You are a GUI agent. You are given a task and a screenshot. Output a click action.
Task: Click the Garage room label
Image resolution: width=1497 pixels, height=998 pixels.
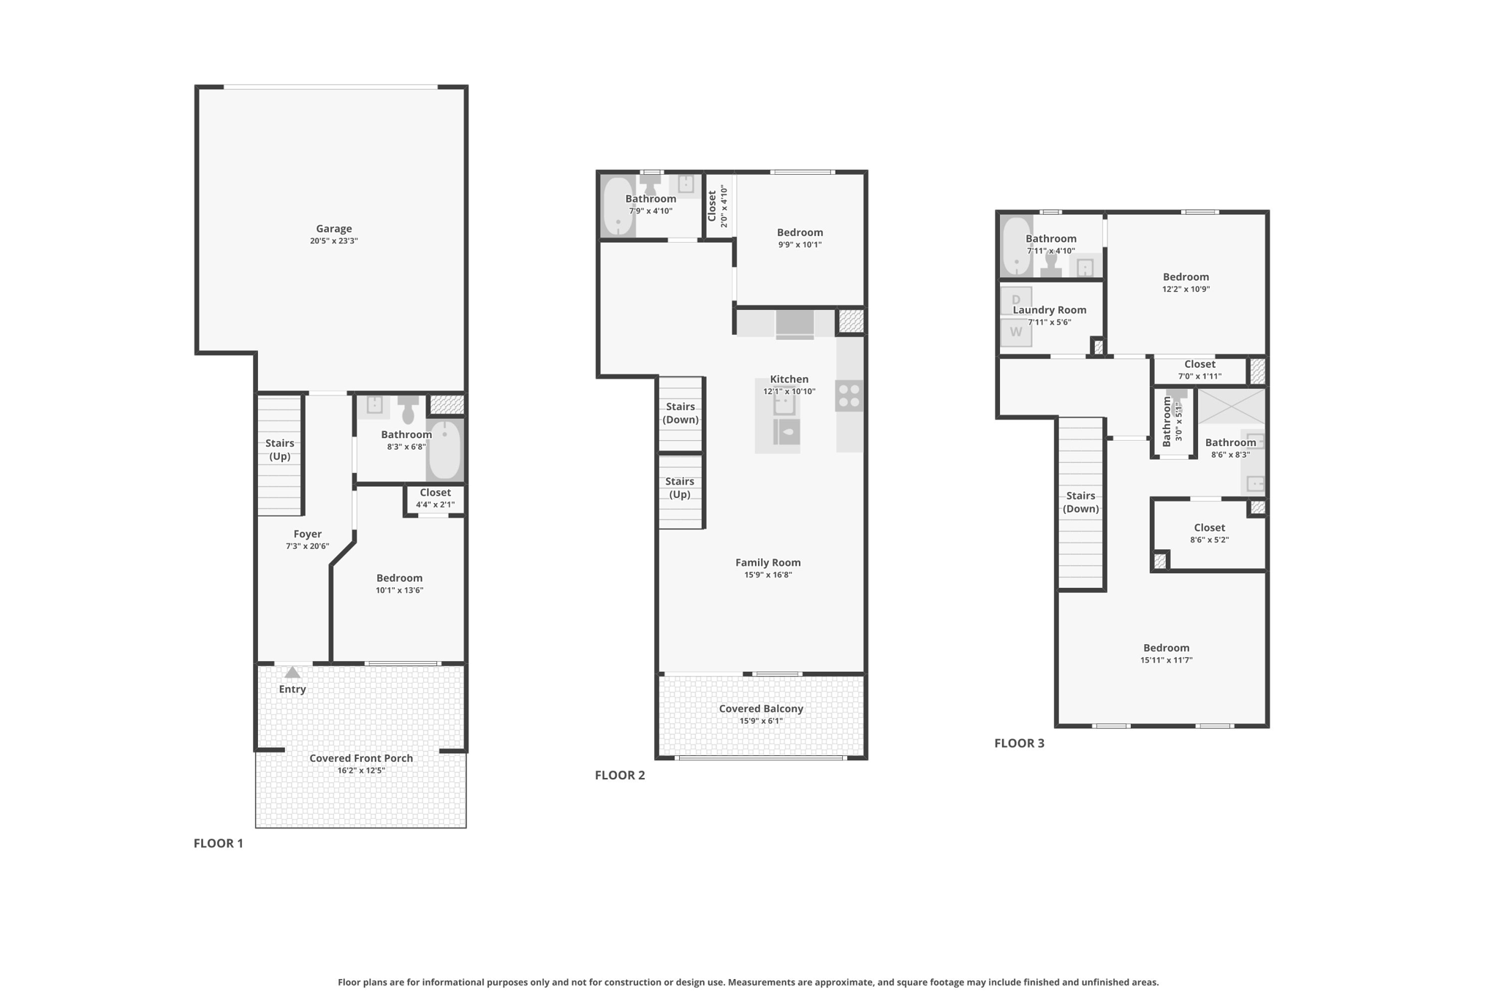334,229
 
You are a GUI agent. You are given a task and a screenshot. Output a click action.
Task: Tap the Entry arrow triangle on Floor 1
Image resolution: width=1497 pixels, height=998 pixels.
292,673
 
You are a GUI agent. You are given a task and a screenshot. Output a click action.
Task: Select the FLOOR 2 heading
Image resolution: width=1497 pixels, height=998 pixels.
620,775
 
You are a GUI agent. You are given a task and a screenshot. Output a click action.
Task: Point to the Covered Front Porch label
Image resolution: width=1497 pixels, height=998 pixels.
361,758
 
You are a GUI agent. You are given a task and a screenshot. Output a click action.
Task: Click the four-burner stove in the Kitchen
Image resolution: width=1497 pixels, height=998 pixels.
849,396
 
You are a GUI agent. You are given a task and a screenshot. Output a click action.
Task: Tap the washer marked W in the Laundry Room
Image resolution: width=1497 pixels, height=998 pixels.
1016,332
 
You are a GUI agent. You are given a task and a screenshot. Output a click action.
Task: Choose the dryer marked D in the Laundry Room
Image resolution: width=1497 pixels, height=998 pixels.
1016,300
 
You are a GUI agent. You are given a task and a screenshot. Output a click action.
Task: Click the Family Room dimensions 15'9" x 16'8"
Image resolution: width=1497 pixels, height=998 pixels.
768,575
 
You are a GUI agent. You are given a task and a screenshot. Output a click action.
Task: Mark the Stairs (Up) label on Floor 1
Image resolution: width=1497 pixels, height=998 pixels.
280,450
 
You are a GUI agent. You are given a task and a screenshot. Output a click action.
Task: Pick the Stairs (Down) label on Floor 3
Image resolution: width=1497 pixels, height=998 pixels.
1081,502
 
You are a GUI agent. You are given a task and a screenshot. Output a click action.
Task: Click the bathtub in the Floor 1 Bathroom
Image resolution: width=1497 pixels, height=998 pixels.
444,449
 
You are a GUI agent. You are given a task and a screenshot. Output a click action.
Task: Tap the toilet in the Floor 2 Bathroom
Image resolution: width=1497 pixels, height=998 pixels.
651,184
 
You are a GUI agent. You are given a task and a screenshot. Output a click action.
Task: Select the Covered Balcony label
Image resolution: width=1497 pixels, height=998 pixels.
761,708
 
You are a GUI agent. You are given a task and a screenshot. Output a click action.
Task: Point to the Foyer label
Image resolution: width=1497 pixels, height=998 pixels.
308,534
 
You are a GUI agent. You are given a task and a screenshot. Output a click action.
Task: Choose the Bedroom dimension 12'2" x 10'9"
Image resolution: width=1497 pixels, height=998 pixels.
1186,289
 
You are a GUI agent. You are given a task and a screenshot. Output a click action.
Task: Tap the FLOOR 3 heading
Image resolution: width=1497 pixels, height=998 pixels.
1020,743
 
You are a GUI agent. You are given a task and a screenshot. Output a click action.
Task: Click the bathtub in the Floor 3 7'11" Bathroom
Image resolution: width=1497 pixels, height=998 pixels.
1016,246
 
